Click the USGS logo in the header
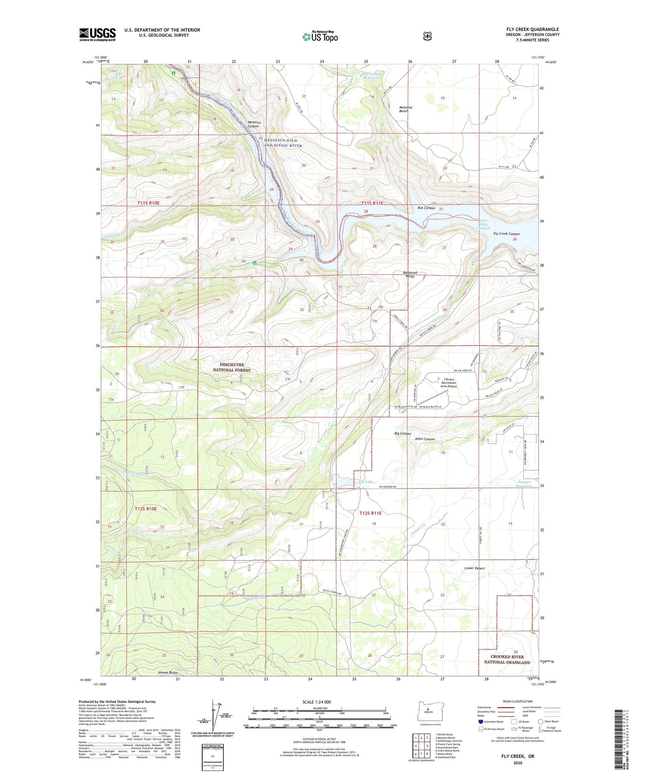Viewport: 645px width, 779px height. click(97, 34)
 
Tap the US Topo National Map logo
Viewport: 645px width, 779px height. click(320, 37)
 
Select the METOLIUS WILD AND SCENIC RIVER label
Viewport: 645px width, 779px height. click(283, 143)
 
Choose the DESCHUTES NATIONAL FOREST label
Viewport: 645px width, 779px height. click(231, 367)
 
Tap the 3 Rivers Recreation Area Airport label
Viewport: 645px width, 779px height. click(449, 383)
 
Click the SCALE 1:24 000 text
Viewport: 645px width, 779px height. click(316, 702)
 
